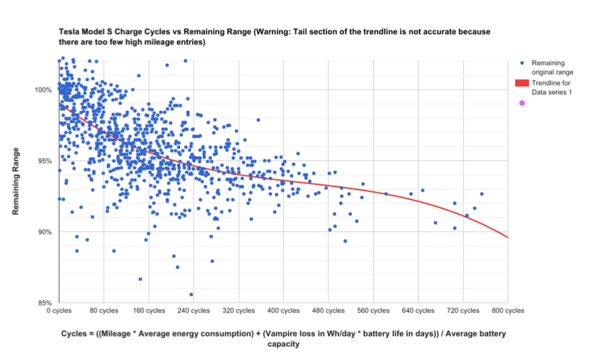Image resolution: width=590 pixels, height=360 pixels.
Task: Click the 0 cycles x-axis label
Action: tap(59, 310)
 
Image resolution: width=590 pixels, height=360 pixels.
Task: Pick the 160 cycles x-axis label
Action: tap(149, 310)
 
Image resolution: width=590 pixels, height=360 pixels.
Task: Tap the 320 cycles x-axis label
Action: tap(239, 310)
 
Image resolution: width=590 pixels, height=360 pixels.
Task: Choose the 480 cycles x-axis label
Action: tap(328, 310)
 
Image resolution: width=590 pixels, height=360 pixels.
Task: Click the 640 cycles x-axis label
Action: tap(418, 310)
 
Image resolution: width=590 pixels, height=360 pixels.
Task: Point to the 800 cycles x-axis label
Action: tap(508, 310)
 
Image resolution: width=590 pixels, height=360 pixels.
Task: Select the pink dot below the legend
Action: tap(522, 103)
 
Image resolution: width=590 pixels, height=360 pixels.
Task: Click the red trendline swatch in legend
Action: tap(522, 83)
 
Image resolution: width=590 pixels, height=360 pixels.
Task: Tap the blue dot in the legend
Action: tap(522, 63)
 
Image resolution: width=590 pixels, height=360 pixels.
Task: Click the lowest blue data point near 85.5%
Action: tap(191, 294)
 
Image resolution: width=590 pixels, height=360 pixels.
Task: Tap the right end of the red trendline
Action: tap(508, 238)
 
